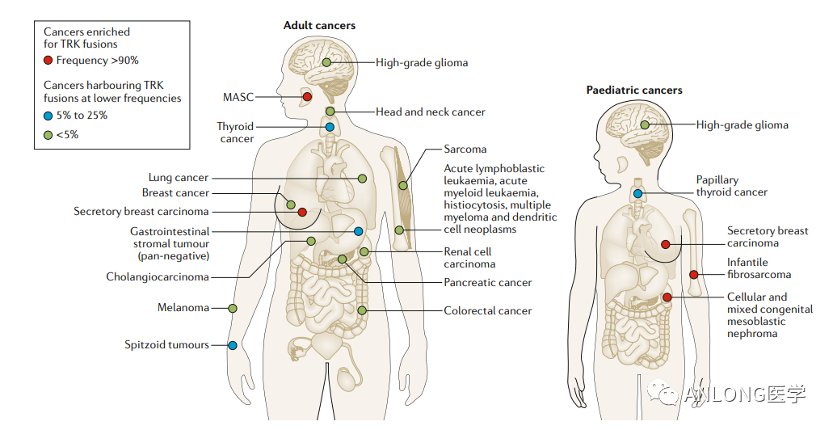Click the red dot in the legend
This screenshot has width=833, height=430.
coord(49,60)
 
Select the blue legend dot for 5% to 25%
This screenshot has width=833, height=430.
coord(49,116)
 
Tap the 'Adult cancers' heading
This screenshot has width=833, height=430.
coord(319,26)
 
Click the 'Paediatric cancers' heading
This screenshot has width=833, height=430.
coord(634,91)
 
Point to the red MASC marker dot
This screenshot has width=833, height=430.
coord(307,97)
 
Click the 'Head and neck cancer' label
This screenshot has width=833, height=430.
coord(430,112)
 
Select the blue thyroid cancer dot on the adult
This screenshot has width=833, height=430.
coord(330,127)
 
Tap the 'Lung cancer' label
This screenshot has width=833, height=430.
coord(178,178)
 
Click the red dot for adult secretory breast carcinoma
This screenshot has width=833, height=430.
coord(301,212)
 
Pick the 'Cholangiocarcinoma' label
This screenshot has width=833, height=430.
coord(158,277)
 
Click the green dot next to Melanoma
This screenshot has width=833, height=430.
coord(233,308)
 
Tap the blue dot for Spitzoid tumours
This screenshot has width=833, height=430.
coord(233,345)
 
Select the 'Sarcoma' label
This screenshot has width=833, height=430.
coord(465,150)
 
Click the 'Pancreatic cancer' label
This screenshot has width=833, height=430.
coord(488,283)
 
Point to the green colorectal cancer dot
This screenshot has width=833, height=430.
coord(362,310)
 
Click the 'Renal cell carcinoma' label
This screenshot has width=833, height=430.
coord(468,258)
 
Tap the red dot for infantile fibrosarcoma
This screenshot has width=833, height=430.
coord(694,275)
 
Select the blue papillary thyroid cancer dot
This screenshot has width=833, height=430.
coord(638,193)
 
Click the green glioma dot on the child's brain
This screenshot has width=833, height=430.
coord(645,125)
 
